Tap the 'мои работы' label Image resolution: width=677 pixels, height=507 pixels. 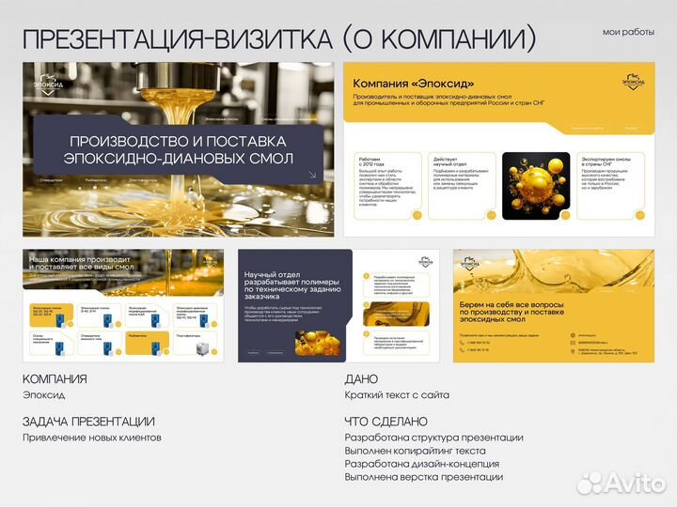coord(628,32)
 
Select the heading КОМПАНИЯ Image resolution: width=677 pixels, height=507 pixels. coord(55,379)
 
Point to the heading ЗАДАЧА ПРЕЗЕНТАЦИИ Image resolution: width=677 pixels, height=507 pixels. coord(88,422)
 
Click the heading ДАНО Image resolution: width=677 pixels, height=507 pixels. coord(363,379)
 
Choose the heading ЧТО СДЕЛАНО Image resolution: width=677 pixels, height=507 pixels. coord(386,422)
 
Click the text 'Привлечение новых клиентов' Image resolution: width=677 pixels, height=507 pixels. coord(92,438)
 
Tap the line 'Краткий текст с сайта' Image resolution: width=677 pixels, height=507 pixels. coord(397,395)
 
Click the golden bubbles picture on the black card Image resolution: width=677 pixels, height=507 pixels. coord(535,186)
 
